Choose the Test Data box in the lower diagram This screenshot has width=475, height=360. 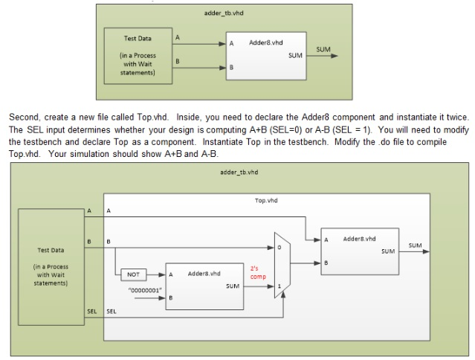click(51, 266)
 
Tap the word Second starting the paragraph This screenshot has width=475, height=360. click(23, 118)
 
